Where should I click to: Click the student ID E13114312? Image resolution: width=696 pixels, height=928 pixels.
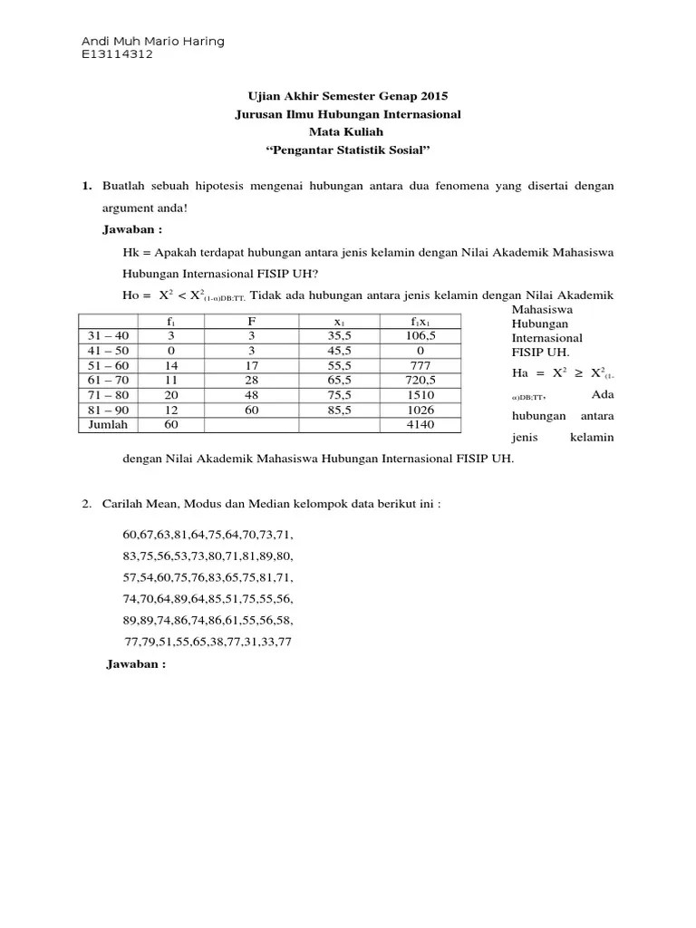[117, 54]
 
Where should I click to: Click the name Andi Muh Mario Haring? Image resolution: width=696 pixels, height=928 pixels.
[152, 42]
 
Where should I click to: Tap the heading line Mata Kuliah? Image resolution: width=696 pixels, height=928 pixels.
[348, 132]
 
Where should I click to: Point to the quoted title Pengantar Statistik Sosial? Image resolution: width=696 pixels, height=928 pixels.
[348, 150]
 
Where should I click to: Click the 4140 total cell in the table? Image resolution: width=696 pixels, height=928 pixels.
[421, 424]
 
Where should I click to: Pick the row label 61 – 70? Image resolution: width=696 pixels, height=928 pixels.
[108, 381]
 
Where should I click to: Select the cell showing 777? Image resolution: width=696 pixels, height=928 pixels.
[421, 366]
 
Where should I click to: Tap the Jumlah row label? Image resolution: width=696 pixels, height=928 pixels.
[108, 424]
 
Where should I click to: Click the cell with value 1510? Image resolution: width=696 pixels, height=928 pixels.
[421, 395]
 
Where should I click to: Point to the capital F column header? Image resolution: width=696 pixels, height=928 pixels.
[253, 322]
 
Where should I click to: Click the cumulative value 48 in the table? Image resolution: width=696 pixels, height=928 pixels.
[253, 395]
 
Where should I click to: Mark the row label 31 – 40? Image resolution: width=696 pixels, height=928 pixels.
[108, 336]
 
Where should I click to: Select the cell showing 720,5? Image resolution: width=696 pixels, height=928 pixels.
[421, 381]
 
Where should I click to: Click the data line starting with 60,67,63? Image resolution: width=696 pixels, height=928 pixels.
[208, 534]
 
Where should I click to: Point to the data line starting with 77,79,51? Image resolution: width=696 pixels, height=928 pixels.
[208, 643]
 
